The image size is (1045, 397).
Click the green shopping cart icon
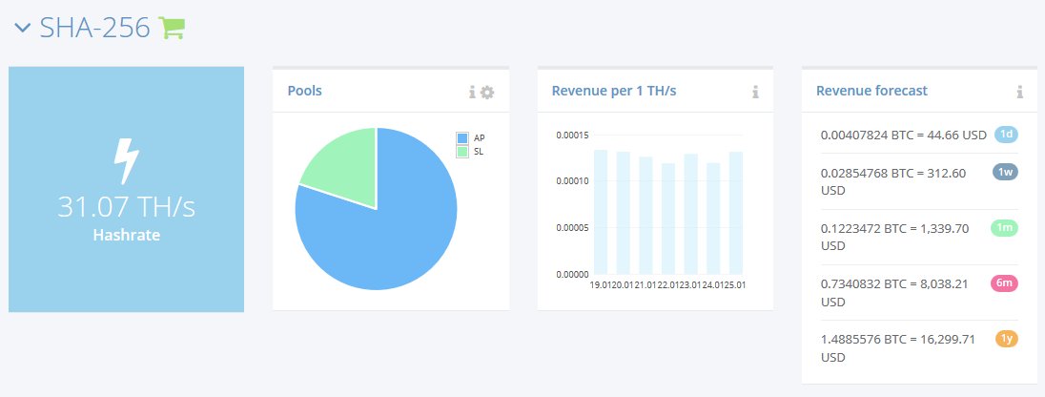coord(172,29)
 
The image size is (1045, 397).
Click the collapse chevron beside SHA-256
coord(24,28)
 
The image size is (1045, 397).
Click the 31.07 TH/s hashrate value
coord(126,207)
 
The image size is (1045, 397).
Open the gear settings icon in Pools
coord(487,92)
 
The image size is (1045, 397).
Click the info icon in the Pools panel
coord(472,92)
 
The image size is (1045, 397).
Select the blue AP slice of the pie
coord(381,239)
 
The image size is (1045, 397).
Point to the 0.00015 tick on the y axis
coord(571,135)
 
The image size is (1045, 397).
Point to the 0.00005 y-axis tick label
coord(571,227)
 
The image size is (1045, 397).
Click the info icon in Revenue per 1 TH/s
coord(755,92)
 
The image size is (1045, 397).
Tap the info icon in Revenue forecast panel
coord(1019,92)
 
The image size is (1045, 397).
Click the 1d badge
coord(1006,134)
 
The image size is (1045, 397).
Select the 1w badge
coord(1006,172)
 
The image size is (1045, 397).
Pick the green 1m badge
coord(1006,227)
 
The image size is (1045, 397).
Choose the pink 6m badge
coord(1006,282)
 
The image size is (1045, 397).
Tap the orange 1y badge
coord(1006,338)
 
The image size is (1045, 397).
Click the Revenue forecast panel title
coord(871,91)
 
